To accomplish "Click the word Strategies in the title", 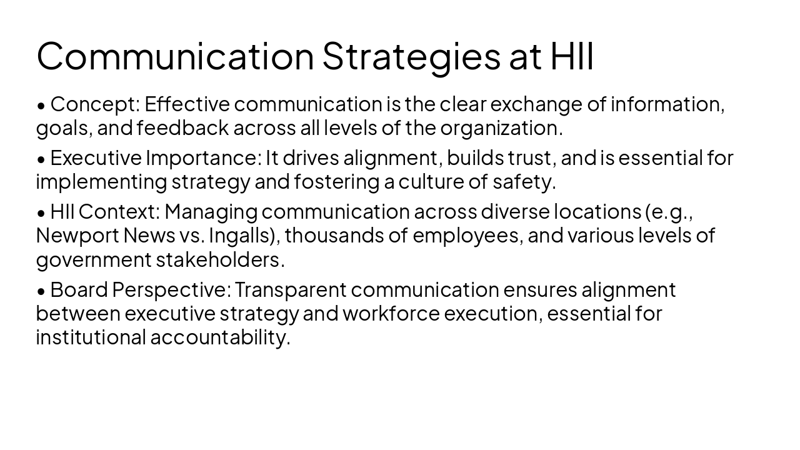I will (x=411, y=56).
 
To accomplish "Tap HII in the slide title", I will (x=572, y=56).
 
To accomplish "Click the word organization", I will (x=501, y=127).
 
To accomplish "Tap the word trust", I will (x=531, y=158).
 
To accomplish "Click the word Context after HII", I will (x=119, y=212).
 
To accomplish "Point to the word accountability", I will (x=220, y=337).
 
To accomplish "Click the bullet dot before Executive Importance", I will (x=41, y=159).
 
